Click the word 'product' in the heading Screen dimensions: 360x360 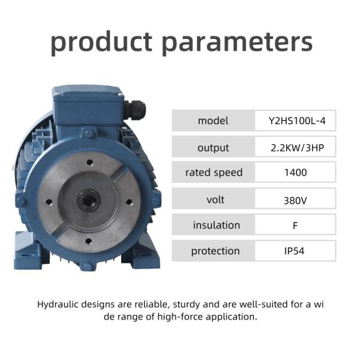[101, 42]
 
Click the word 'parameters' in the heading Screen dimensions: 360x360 [238, 42]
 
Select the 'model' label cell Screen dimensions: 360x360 [213, 121]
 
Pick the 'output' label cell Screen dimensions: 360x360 [213, 148]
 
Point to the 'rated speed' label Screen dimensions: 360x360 [213, 173]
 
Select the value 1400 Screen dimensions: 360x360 [295, 173]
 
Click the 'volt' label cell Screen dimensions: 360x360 [213, 200]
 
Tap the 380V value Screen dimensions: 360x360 [295, 200]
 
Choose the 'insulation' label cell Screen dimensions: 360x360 [213, 225]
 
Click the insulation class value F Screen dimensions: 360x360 [295, 226]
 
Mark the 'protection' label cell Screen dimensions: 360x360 [213, 251]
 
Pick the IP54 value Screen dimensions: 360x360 [295, 251]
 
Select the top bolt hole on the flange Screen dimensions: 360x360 [89, 161]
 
